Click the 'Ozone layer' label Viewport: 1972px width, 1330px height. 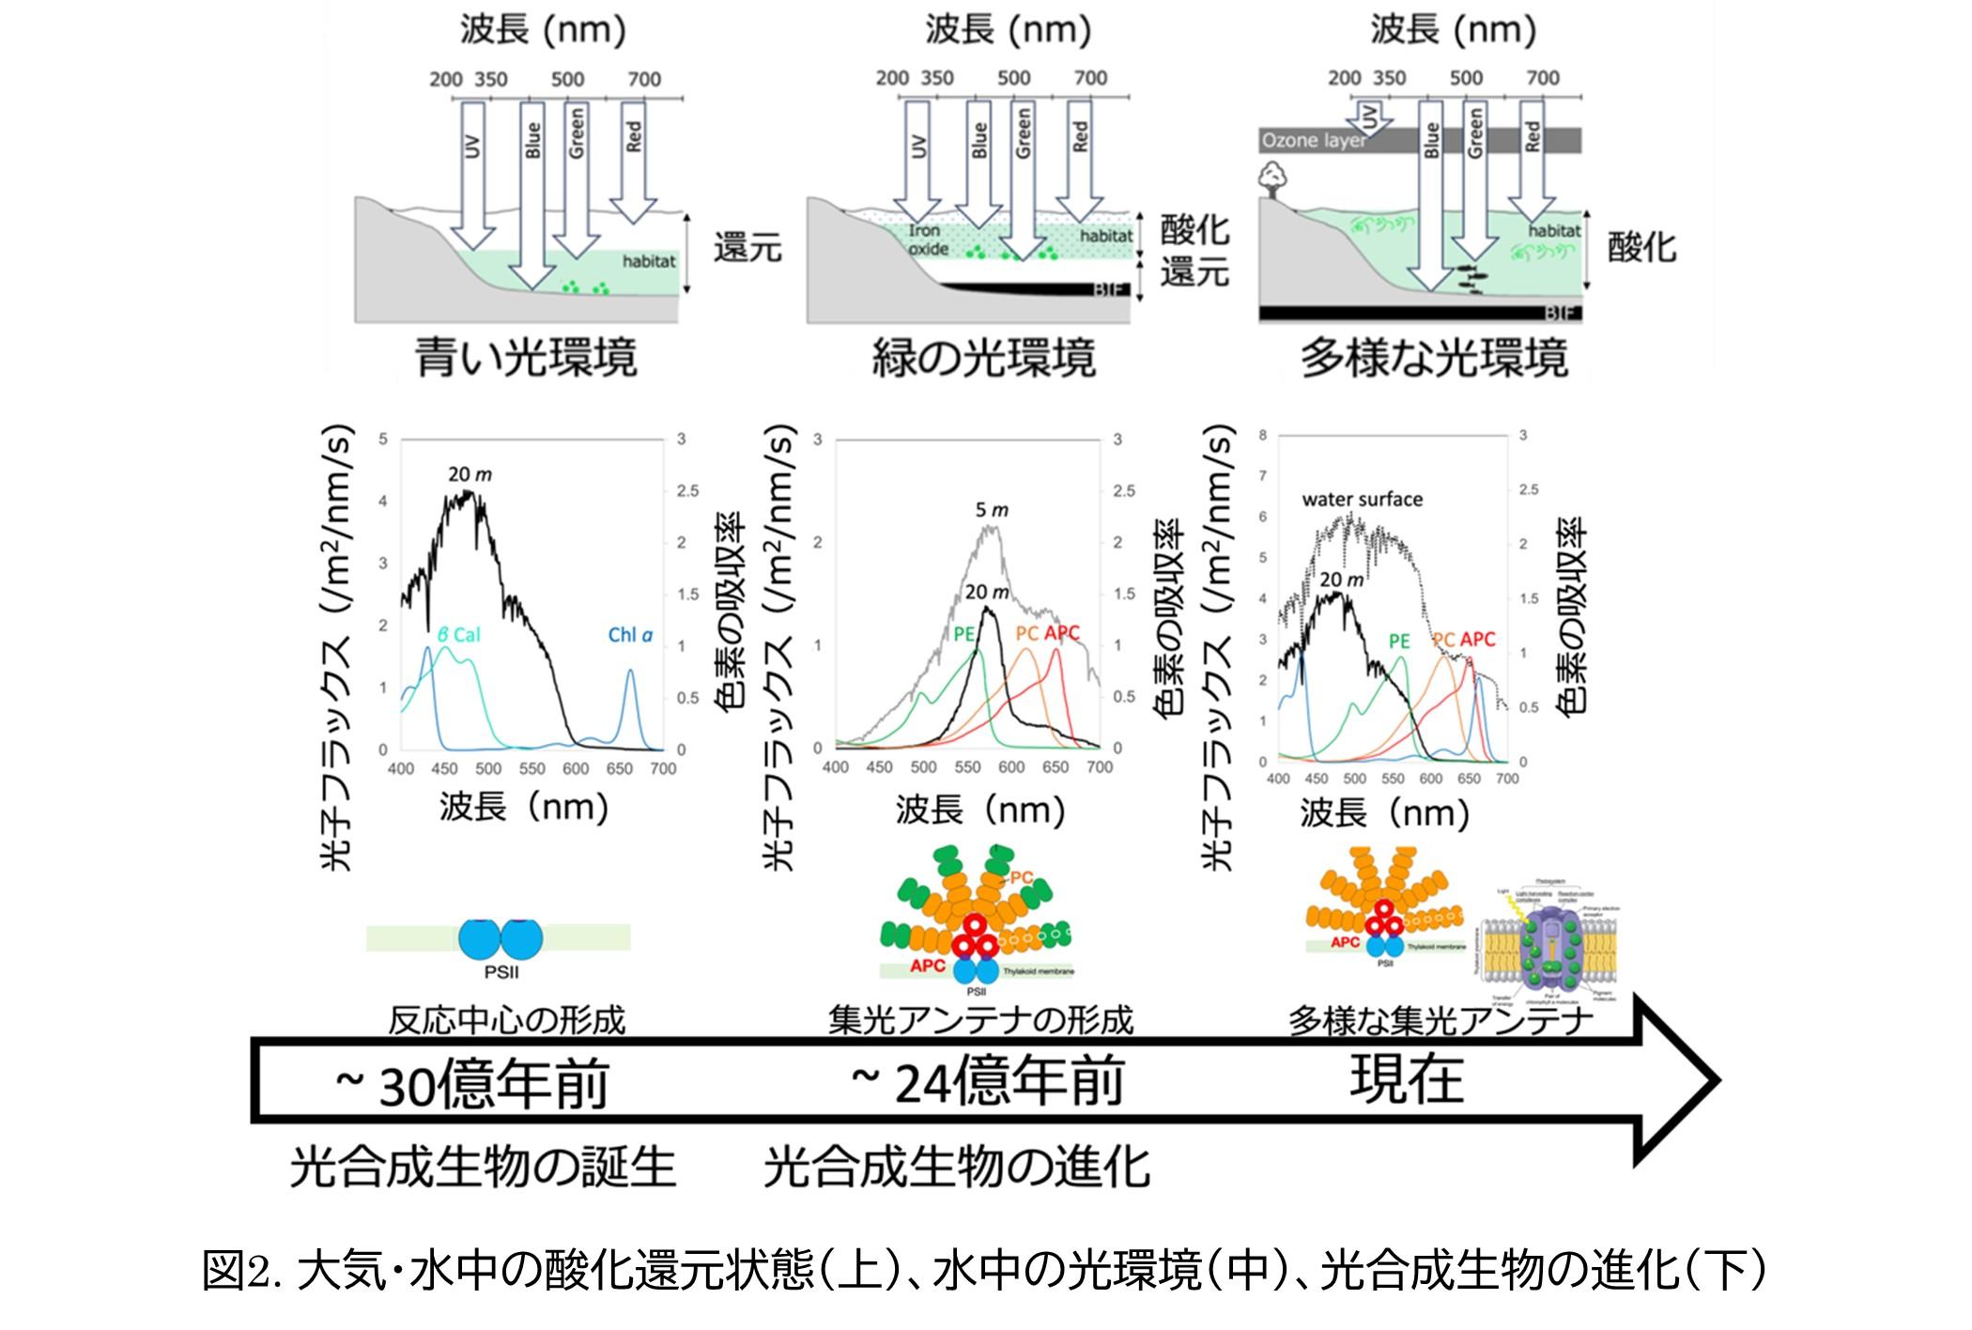pos(1314,142)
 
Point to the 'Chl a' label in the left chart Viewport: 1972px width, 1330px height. pos(630,635)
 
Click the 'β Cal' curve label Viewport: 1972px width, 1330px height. pos(459,634)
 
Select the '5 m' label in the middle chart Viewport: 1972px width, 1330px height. pos(992,510)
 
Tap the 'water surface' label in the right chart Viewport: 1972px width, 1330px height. pos(1362,499)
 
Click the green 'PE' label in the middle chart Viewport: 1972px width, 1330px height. pos(964,634)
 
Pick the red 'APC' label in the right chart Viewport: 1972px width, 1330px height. pos(1477,640)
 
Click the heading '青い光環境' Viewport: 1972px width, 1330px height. pos(526,358)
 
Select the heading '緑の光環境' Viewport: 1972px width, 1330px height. pos(983,358)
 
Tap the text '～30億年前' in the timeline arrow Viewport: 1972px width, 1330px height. pos(471,1083)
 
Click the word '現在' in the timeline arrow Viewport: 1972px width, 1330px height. pos(1407,1079)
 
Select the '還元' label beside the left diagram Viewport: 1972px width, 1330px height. pos(747,248)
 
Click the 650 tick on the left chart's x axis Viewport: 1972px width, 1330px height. pos(619,768)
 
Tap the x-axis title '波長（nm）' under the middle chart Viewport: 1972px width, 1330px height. pos(980,810)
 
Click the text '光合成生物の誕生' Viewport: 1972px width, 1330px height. pos(483,1168)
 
